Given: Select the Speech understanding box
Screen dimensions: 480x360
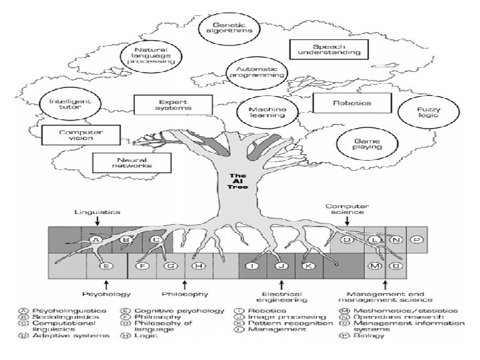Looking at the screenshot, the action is pyautogui.click(x=329, y=49).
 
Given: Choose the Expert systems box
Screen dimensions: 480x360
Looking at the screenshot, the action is pyautogui.click(x=173, y=105).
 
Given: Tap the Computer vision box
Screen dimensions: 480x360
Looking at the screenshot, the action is pyautogui.click(x=81, y=135).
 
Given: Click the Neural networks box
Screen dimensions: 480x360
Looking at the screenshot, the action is pyautogui.click(x=132, y=163).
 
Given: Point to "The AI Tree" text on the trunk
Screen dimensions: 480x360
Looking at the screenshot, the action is pyautogui.click(x=238, y=181).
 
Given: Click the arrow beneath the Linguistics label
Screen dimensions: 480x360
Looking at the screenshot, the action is pyautogui.click(x=97, y=221).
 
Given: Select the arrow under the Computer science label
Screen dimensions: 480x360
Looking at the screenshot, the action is pyautogui.click(x=347, y=221).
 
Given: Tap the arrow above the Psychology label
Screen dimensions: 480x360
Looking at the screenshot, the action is pyautogui.click(x=106, y=285).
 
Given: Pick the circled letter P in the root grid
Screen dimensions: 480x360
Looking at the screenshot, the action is pyautogui.click(x=416, y=240).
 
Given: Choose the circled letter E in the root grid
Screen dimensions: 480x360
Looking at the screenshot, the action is pyautogui.click(x=106, y=266).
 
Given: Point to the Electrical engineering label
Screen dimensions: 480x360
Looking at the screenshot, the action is pyautogui.click(x=281, y=297).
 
